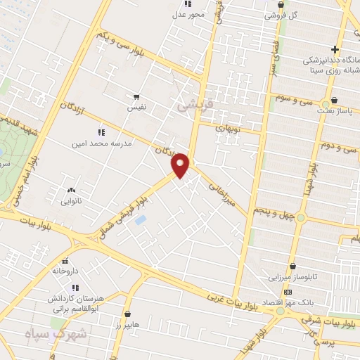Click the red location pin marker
(181, 165)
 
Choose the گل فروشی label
(281, 14)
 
